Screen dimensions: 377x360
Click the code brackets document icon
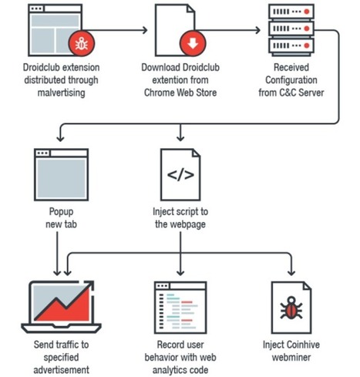click(180, 173)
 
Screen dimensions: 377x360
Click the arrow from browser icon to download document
click(123, 32)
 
